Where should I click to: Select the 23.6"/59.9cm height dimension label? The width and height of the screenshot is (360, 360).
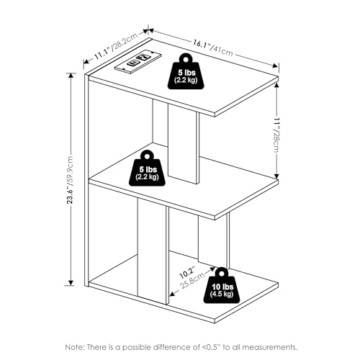pos(70,180)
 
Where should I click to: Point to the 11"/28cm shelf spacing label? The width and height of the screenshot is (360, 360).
pos(276,135)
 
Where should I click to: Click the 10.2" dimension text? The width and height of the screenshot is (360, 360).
pos(187,272)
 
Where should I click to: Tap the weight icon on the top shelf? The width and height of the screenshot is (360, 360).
pos(186,71)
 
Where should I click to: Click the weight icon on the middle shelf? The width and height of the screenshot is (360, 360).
pos(147,168)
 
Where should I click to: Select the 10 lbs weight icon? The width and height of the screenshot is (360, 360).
pos(222,286)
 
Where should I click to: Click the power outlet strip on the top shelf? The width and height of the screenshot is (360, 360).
pos(138,60)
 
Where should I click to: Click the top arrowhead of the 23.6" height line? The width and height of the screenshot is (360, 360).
pos(71,75)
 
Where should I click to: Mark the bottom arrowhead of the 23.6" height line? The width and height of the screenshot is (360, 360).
pos(71,283)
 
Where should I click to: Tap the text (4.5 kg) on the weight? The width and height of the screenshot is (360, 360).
pos(222,294)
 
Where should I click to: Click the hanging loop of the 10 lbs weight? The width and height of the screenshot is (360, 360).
pos(221,273)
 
